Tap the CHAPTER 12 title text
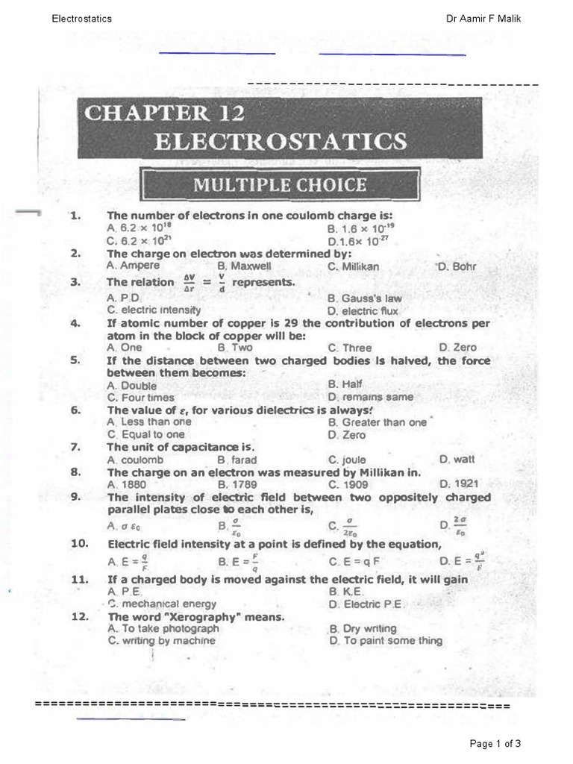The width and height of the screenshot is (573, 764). [x=165, y=113]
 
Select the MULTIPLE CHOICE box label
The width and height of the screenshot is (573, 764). [x=280, y=184]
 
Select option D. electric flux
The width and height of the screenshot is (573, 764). [x=363, y=310]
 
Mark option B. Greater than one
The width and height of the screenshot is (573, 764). [x=377, y=422]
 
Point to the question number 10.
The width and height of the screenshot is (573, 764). [x=80, y=544]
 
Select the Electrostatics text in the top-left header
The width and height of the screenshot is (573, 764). [x=82, y=19]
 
